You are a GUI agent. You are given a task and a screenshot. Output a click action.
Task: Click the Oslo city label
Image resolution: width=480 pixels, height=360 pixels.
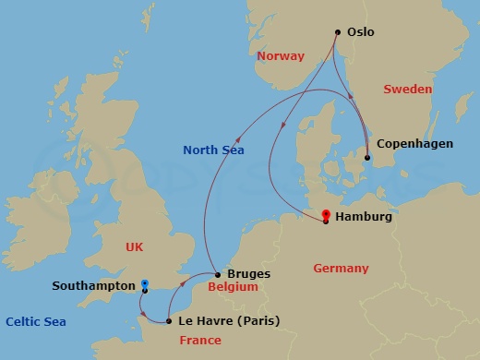(361, 32)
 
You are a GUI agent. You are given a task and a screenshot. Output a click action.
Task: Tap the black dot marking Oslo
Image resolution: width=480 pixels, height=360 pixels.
(337, 32)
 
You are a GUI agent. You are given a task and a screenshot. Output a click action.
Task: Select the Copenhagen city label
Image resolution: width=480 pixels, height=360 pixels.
(414, 145)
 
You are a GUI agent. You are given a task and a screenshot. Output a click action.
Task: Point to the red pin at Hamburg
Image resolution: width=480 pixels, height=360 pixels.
(326, 216)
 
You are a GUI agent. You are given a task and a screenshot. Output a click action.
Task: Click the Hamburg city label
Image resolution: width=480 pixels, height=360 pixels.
(365, 218)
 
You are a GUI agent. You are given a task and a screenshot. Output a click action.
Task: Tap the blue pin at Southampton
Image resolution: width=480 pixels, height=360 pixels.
(144, 284)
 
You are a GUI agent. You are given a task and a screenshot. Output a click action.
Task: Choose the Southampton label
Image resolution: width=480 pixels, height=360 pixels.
(93, 286)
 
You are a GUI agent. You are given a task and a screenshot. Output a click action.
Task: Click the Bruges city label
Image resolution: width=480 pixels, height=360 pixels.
(249, 274)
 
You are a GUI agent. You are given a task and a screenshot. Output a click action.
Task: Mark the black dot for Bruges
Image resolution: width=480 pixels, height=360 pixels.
(217, 274)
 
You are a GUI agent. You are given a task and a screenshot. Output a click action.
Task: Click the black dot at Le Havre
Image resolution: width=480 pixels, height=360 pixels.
(168, 321)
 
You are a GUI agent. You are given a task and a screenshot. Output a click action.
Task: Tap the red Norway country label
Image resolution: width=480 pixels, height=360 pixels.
(281, 56)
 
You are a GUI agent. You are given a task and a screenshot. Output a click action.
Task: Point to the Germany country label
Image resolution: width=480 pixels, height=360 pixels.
(341, 269)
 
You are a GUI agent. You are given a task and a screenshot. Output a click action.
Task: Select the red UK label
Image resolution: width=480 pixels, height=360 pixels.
(136, 246)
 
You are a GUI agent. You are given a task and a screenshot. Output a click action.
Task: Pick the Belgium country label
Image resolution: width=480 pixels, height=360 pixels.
(233, 288)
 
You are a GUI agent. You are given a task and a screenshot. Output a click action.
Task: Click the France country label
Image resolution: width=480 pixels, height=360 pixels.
(200, 341)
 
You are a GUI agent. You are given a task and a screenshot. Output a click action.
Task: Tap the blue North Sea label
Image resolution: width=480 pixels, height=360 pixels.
(213, 150)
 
